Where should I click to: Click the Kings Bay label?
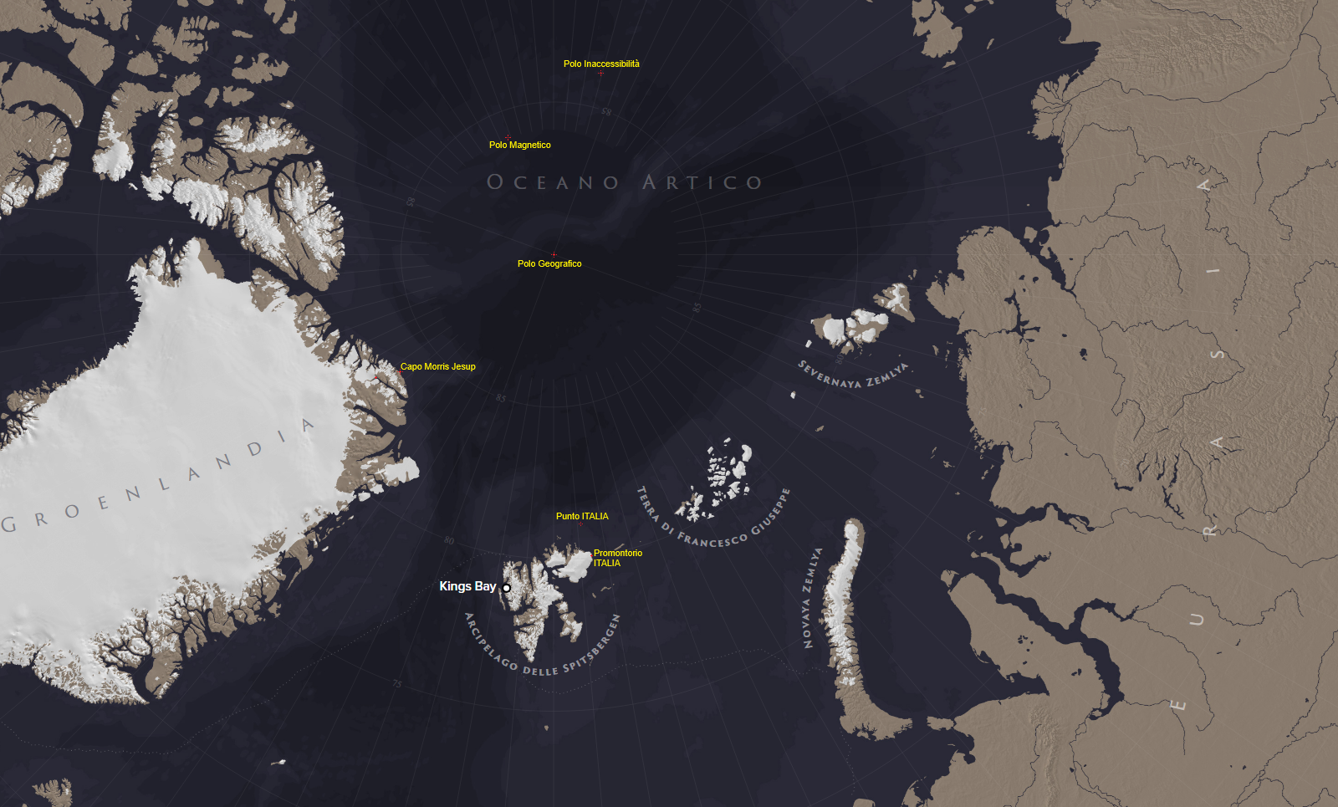tap(467, 586)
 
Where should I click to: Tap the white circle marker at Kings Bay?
tap(506, 588)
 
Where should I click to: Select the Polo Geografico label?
tap(549, 263)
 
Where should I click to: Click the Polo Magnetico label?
tap(519, 145)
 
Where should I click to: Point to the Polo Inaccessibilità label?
tap(601, 64)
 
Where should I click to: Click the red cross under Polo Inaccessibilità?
tap(600, 74)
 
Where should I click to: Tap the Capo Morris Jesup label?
tap(437, 366)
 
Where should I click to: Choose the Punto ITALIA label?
tap(582, 516)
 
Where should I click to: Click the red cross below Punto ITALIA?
tap(581, 525)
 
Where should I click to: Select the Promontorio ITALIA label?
tap(617, 558)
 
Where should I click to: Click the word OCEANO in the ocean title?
tap(553, 182)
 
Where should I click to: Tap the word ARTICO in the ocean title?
tap(702, 182)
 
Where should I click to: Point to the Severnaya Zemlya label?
tap(852, 375)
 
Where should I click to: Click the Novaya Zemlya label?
tap(810, 598)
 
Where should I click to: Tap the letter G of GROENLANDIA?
tap(9, 525)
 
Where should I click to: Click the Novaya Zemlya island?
tap(845, 619)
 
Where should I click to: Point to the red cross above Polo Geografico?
tap(554, 254)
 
